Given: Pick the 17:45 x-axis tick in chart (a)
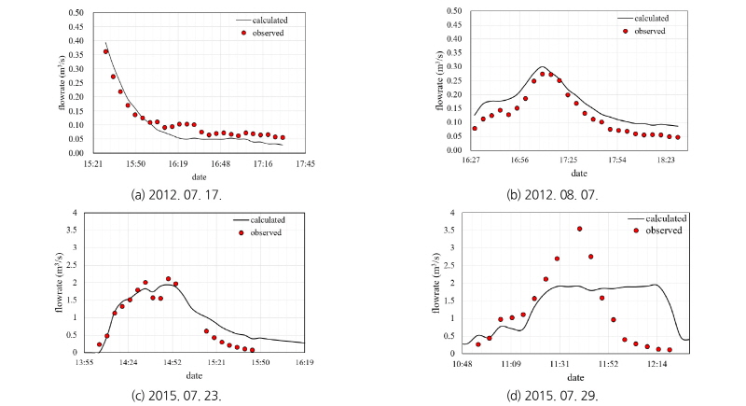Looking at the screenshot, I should (x=305, y=163).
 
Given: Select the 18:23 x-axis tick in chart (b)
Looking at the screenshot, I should (x=667, y=161).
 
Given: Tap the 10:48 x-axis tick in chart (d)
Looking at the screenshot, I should (x=463, y=363).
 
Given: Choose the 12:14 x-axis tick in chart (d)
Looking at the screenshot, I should (x=657, y=363).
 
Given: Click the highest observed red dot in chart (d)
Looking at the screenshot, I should (x=579, y=229).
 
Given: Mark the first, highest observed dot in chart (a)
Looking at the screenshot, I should (x=105, y=52).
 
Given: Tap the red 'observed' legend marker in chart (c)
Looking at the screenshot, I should (x=241, y=232).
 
